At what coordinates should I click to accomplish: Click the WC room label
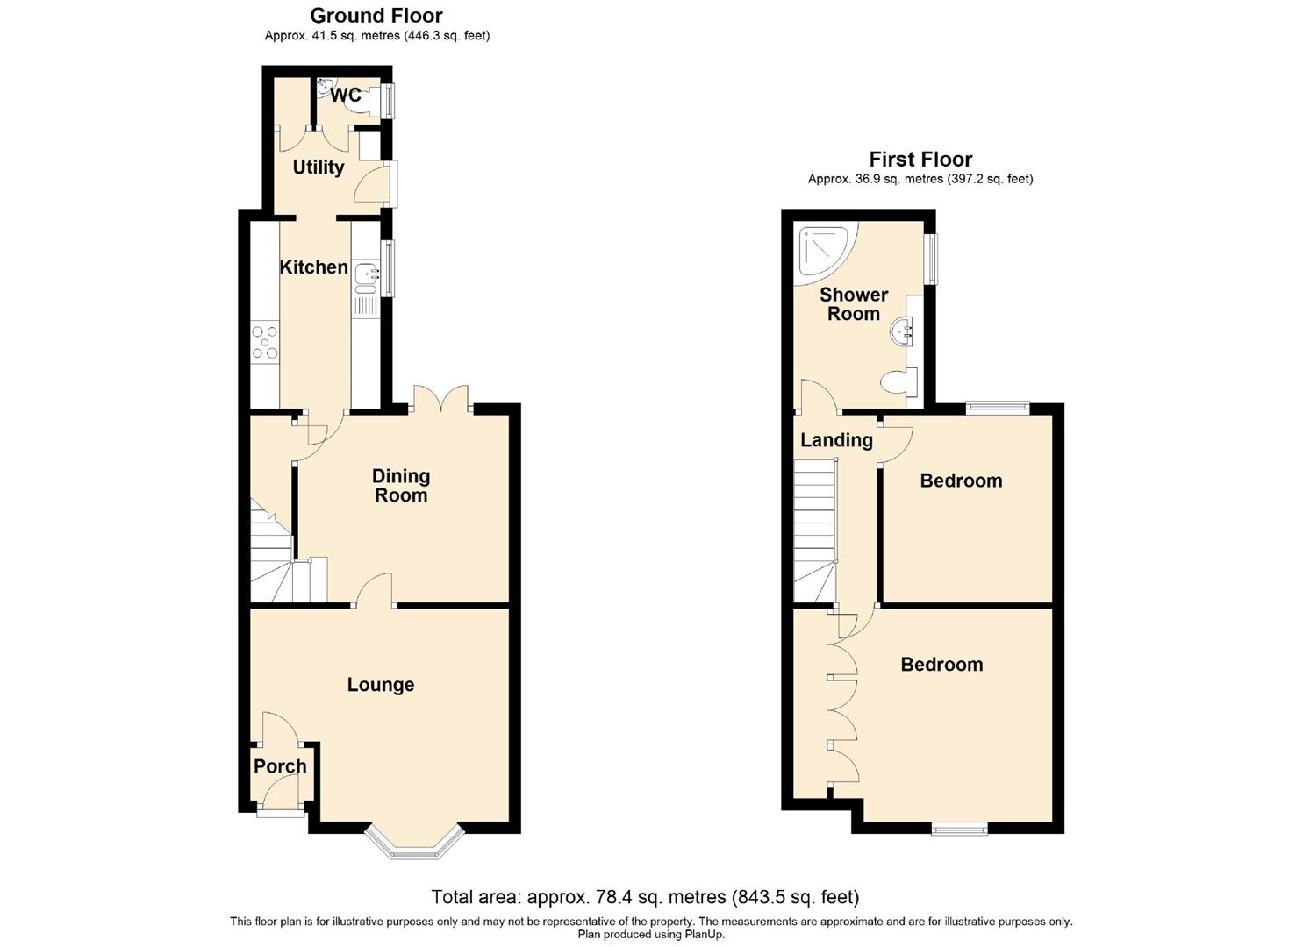(346, 96)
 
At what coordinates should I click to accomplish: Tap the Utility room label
(318, 167)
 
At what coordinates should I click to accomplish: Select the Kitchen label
(313, 267)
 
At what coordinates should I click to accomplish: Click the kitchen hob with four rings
(264, 342)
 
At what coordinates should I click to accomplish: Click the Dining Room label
(401, 485)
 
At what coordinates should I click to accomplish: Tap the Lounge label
(380, 685)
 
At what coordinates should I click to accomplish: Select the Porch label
(280, 766)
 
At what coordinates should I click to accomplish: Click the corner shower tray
(821, 249)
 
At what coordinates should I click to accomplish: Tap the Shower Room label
(854, 304)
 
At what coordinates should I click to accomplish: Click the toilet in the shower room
(898, 382)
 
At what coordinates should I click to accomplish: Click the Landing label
(836, 440)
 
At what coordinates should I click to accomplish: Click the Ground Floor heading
(376, 16)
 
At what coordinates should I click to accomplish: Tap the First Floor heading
(920, 160)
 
